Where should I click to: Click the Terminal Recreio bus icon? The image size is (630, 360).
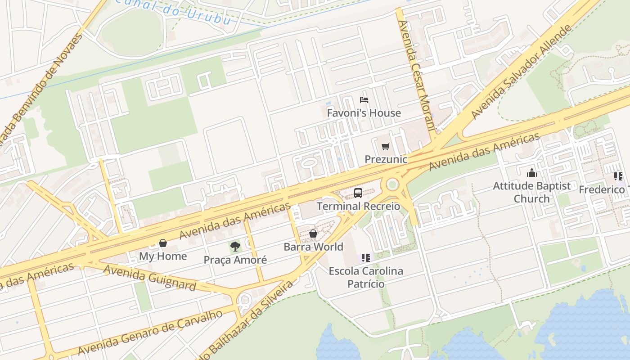[358, 193]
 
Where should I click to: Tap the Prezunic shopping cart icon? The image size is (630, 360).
[385, 146]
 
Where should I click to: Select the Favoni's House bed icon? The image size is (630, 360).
[364, 100]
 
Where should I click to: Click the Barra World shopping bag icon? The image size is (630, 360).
[313, 234]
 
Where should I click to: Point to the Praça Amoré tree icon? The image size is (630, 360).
[235, 246]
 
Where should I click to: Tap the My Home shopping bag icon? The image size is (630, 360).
[163, 243]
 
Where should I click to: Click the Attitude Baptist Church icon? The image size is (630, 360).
[532, 173]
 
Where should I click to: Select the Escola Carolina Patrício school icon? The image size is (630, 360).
[366, 258]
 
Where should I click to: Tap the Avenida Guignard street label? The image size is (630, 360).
[150, 278]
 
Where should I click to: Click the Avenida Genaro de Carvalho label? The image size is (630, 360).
[150, 332]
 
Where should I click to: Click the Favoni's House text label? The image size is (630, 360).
[364, 113]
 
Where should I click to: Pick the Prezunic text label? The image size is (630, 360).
[386, 159]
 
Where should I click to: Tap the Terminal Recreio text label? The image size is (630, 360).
[358, 206]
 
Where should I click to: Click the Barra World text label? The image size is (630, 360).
[313, 247]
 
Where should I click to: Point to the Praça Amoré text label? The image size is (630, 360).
[235, 260]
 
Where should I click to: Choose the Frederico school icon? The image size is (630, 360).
[618, 176]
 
